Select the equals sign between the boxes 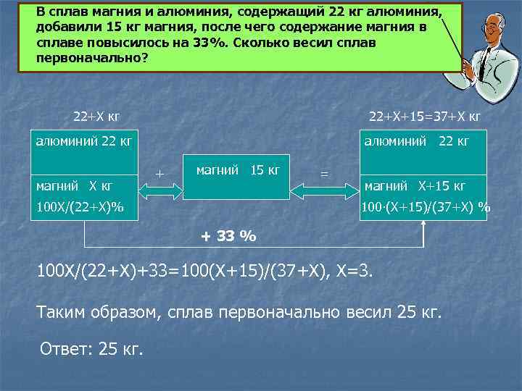click(x=324, y=174)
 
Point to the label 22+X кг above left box click(x=97, y=116)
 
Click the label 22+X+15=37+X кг click(x=425, y=116)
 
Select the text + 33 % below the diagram click(x=228, y=236)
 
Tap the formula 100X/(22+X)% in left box click(x=80, y=208)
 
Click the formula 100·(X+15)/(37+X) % click(x=426, y=208)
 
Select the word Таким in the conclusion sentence click(x=63, y=312)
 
